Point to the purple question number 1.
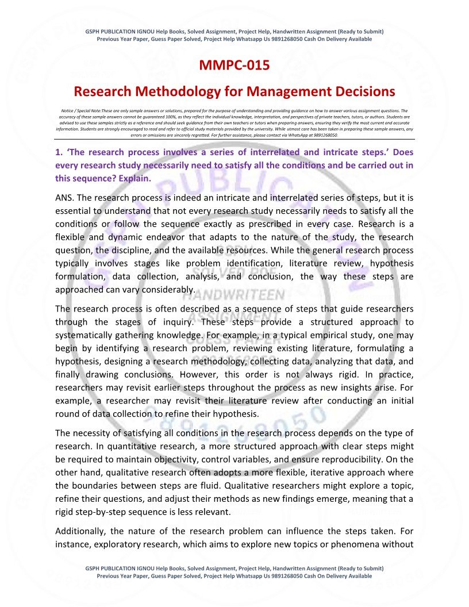(58, 153)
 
